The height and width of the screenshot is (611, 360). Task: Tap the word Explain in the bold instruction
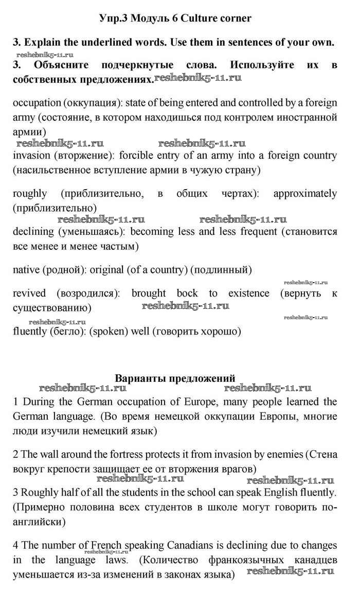coord(44,43)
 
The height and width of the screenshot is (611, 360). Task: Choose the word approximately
coord(305,194)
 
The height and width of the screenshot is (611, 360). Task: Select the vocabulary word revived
coord(29,294)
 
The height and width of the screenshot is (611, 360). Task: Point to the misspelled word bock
coord(187,294)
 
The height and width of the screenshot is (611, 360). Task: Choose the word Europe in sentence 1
coord(202,401)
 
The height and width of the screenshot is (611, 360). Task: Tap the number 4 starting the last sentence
coord(15,545)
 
